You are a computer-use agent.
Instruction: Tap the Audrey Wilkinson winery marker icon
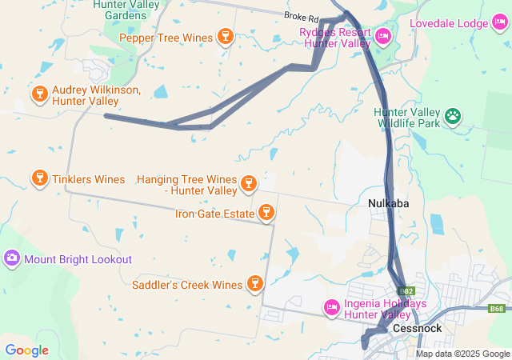[39, 94]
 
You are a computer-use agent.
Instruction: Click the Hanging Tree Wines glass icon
[249, 185]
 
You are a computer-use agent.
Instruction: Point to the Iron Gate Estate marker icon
[266, 213]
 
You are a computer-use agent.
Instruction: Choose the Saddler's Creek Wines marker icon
[255, 284]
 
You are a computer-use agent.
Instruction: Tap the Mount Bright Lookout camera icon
[12, 259]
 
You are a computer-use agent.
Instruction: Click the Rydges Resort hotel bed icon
[383, 37]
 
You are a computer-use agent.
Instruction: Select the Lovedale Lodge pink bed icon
[500, 23]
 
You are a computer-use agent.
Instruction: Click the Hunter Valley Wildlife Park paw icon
[454, 117]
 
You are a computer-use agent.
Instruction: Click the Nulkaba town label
[388, 203]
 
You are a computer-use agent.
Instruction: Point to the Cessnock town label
[413, 329]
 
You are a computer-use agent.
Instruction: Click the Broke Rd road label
[301, 16]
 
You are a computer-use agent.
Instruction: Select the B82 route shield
[406, 292]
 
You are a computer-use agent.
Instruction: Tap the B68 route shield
[498, 308]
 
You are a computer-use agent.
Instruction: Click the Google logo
[26, 350]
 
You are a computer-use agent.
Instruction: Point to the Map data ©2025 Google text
[462, 354]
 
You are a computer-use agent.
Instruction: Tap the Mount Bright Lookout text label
[78, 259]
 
